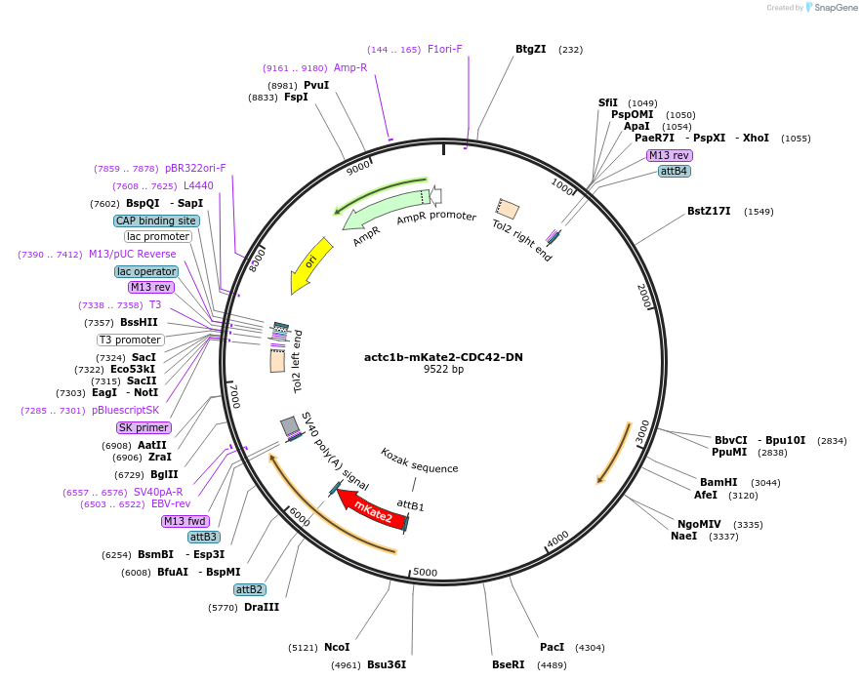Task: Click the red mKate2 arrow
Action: coord(371,508)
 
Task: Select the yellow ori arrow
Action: coord(309,264)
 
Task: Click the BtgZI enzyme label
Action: coord(530,50)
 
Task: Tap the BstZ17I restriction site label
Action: coord(710,212)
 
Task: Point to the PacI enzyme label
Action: coord(552,647)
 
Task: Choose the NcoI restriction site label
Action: coord(337,647)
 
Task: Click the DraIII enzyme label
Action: coord(262,608)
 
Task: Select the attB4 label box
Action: coord(674,171)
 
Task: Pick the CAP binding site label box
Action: coord(156,220)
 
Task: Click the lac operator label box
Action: coord(146,271)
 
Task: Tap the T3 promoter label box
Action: coord(130,340)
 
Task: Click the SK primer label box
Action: coord(144,427)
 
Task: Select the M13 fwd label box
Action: coord(185,521)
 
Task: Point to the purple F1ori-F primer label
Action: coord(444,50)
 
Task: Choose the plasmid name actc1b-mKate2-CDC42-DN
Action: coord(443,357)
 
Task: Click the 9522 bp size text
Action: coord(443,370)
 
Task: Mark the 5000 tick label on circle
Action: coord(425,572)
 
